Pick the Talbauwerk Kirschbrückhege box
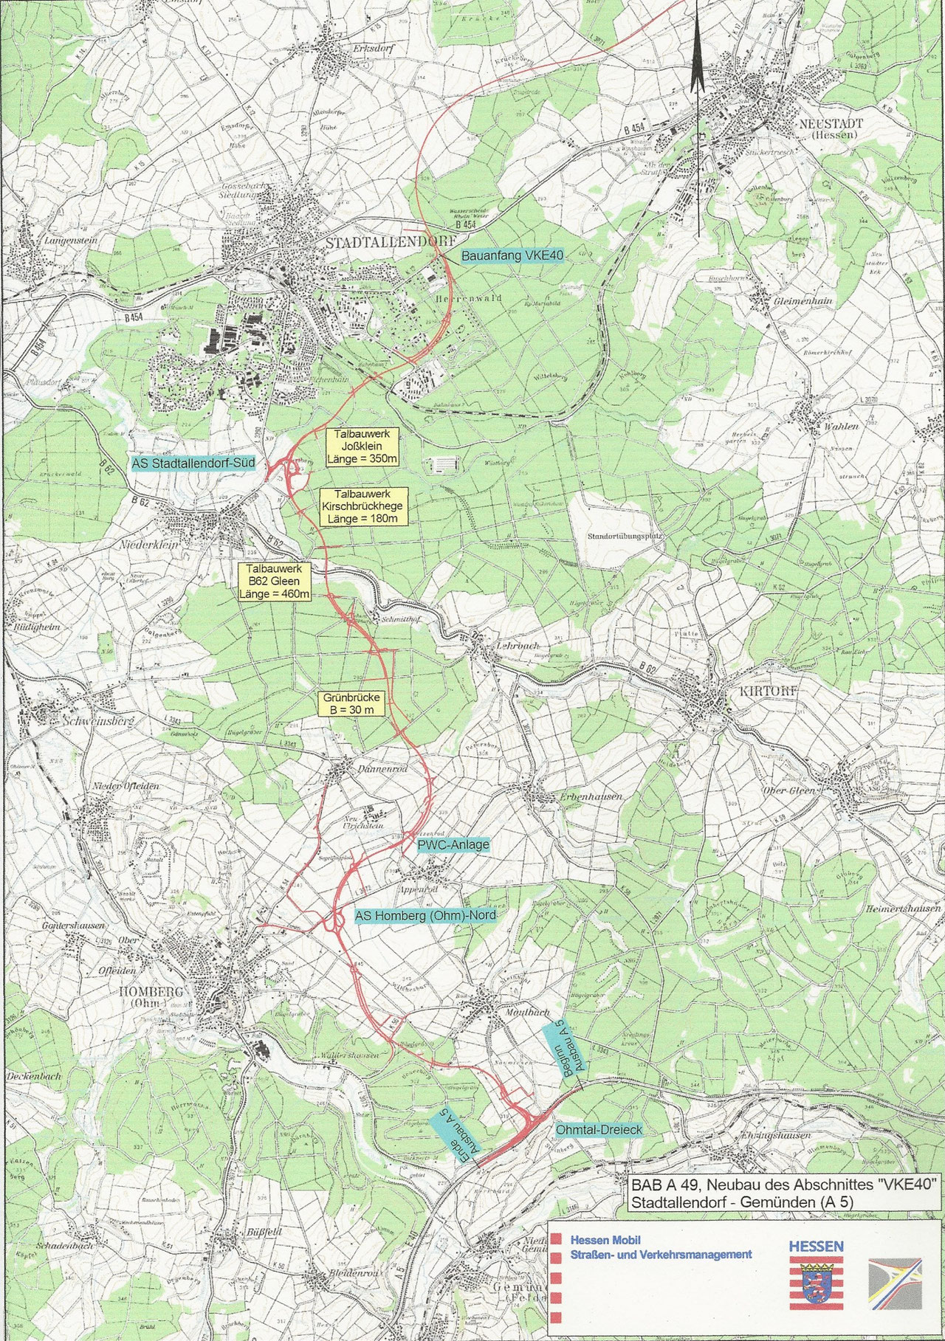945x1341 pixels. pyautogui.click(x=362, y=506)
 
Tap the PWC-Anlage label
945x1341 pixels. pyautogui.click(x=453, y=844)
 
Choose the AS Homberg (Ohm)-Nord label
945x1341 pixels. pyautogui.click(x=424, y=916)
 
